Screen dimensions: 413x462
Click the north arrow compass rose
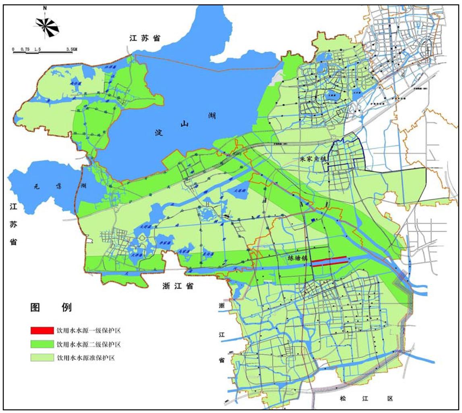(47, 25)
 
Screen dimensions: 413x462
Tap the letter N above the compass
(45, 7)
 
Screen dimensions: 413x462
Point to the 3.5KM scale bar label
(71, 49)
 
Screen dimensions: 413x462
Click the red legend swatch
(41, 331)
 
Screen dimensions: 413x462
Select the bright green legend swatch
(41, 344)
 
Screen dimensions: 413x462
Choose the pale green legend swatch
(41, 358)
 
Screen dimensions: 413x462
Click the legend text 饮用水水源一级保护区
(89, 331)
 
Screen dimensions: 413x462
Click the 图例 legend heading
(51, 307)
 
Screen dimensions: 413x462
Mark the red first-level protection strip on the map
(330, 260)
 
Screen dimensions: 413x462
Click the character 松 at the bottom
(342, 398)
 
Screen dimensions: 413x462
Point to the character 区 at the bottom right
(389, 398)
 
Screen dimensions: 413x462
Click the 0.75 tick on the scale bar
(26, 49)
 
